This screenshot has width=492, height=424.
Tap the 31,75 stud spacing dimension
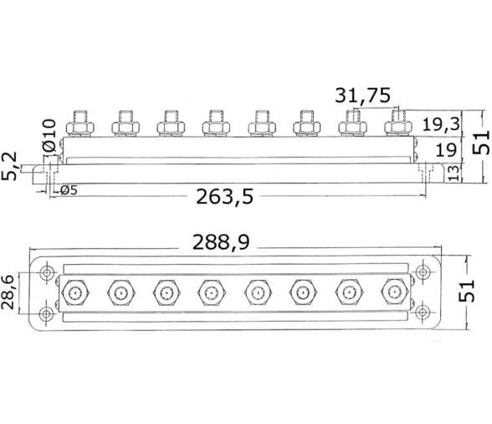[x=362, y=96]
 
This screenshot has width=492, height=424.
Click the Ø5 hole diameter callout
[x=69, y=190]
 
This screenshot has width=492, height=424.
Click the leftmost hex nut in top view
[x=76, y=293]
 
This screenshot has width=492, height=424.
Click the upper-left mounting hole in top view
[x=47, y=274]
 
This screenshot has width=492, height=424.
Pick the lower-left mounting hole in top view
[x=47, y=314]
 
